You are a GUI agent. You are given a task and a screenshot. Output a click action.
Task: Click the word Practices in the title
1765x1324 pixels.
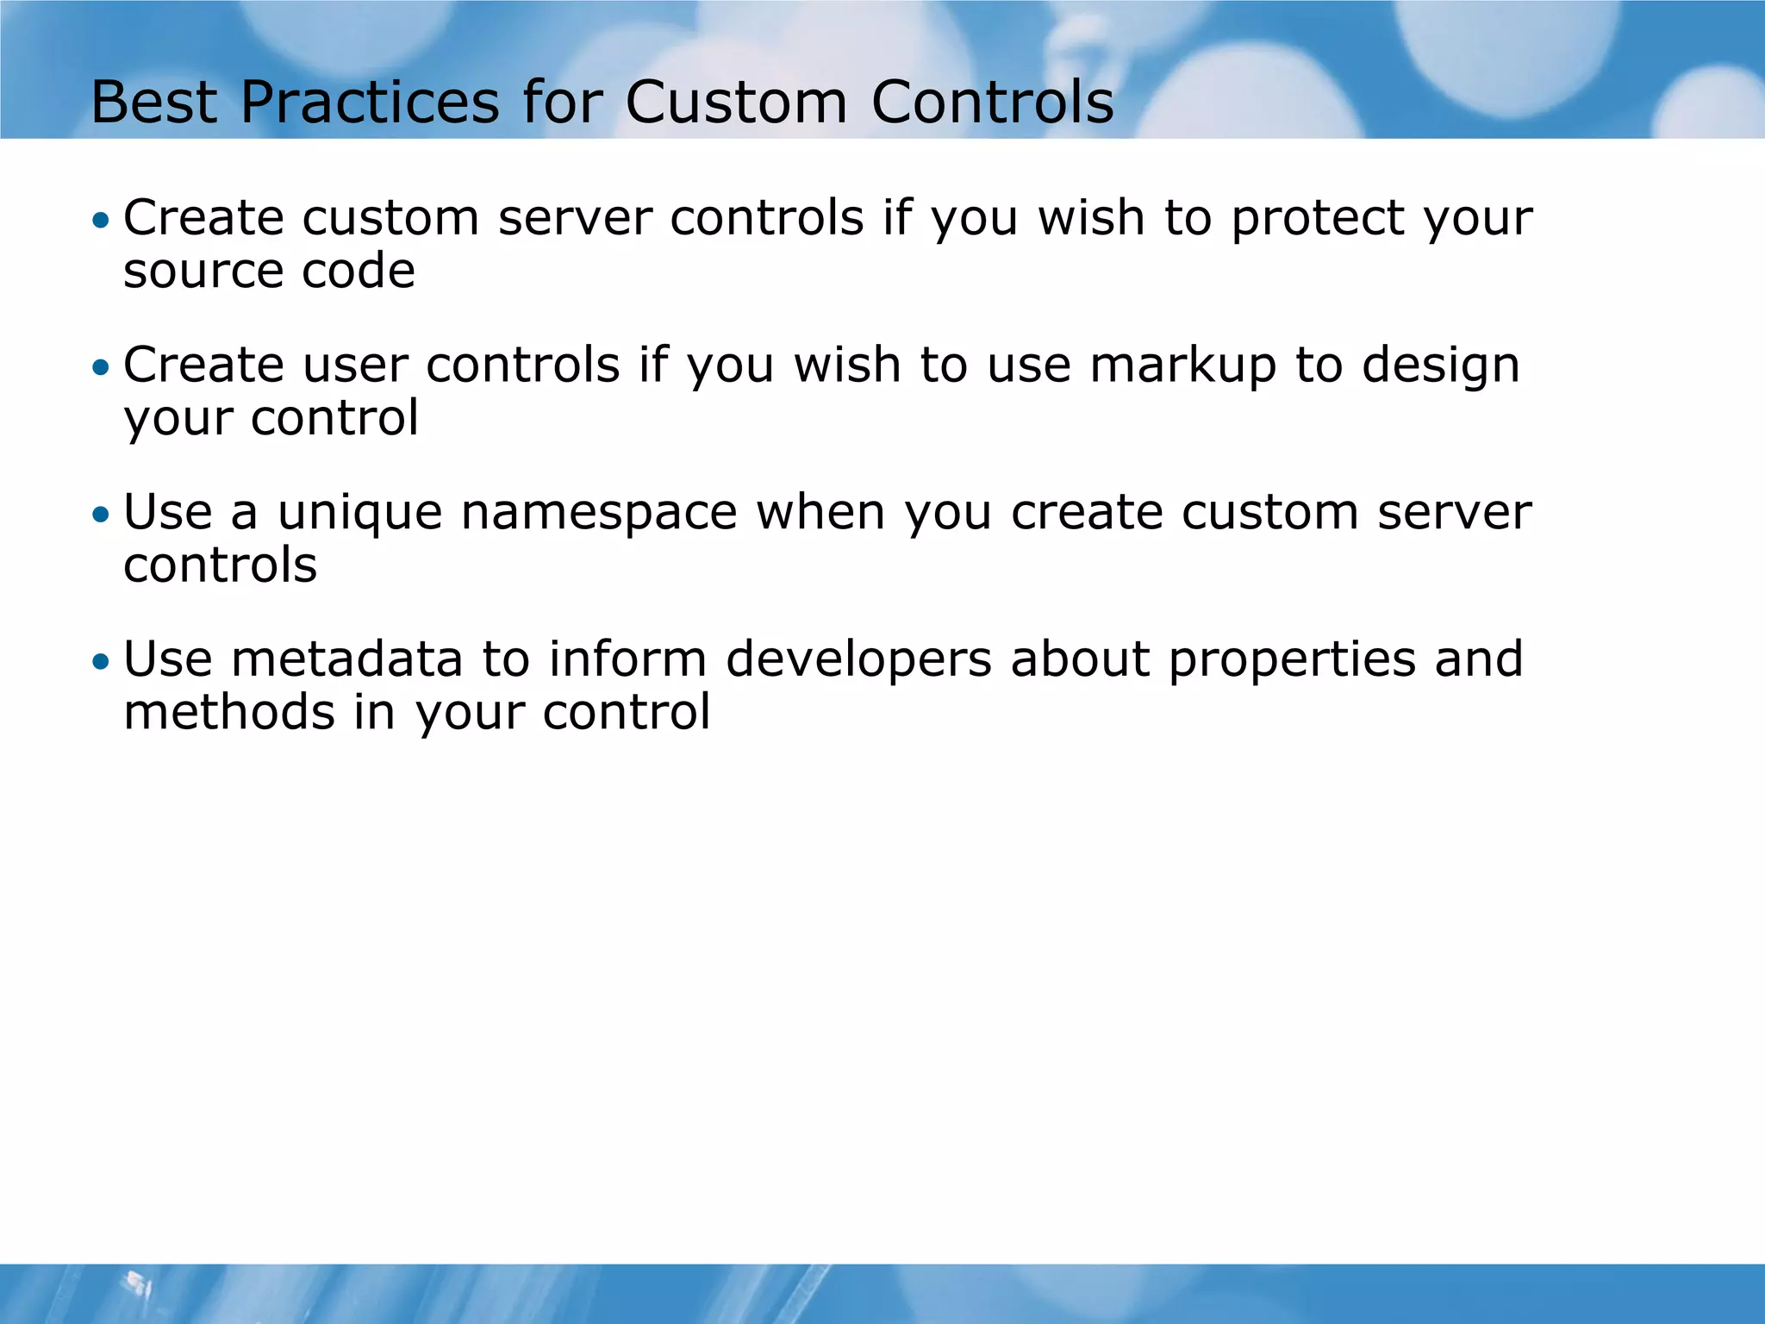(x=370, y=103)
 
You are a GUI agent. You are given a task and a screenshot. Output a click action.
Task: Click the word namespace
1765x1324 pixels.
(x=599, y=514)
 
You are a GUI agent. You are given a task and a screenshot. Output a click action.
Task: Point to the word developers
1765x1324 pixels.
(x=858, y=660)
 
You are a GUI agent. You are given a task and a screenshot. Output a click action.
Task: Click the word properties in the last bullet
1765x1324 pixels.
(x=1292, y=660)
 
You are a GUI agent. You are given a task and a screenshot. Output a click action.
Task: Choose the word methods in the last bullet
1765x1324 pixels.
(x=229, y=713)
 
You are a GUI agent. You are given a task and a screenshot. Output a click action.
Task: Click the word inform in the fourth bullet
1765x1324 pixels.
(x=627, y=660)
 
